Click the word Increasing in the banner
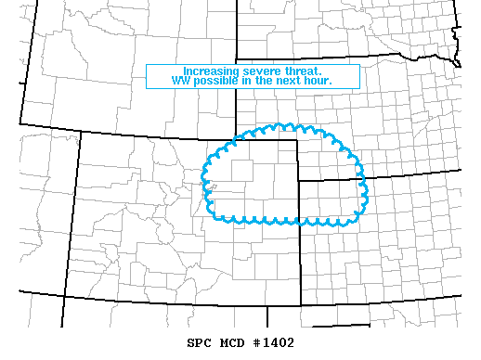click(208, 71)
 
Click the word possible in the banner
click(214, 82)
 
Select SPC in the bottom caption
click(201, 343)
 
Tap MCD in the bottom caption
click(237, 343)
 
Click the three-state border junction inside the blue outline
click(298, 181)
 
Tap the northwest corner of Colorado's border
click(81, 132)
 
